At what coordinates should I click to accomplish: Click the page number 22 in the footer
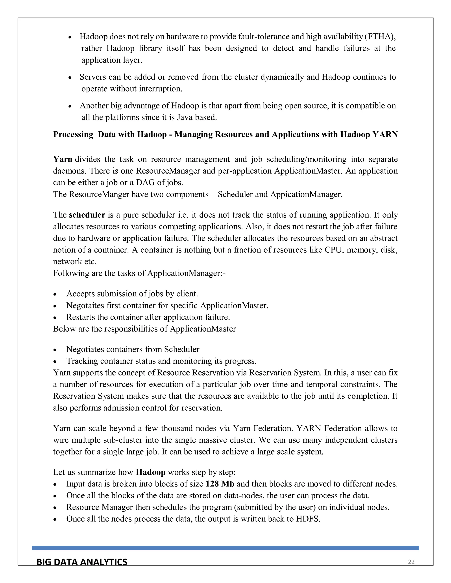point(411,562)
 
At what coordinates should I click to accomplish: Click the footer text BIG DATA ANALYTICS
point(82,562)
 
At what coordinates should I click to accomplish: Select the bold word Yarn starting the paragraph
point(63,159)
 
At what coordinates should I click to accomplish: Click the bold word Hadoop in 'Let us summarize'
point(151,472)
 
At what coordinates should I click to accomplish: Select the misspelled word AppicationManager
point(306,194)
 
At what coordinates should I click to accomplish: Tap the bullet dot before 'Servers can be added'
point(70,78)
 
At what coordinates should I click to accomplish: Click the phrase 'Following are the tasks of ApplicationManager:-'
point(139,273)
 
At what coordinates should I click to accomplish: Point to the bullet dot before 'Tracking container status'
point(55,362)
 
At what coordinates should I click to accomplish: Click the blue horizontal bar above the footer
point(225,548)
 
